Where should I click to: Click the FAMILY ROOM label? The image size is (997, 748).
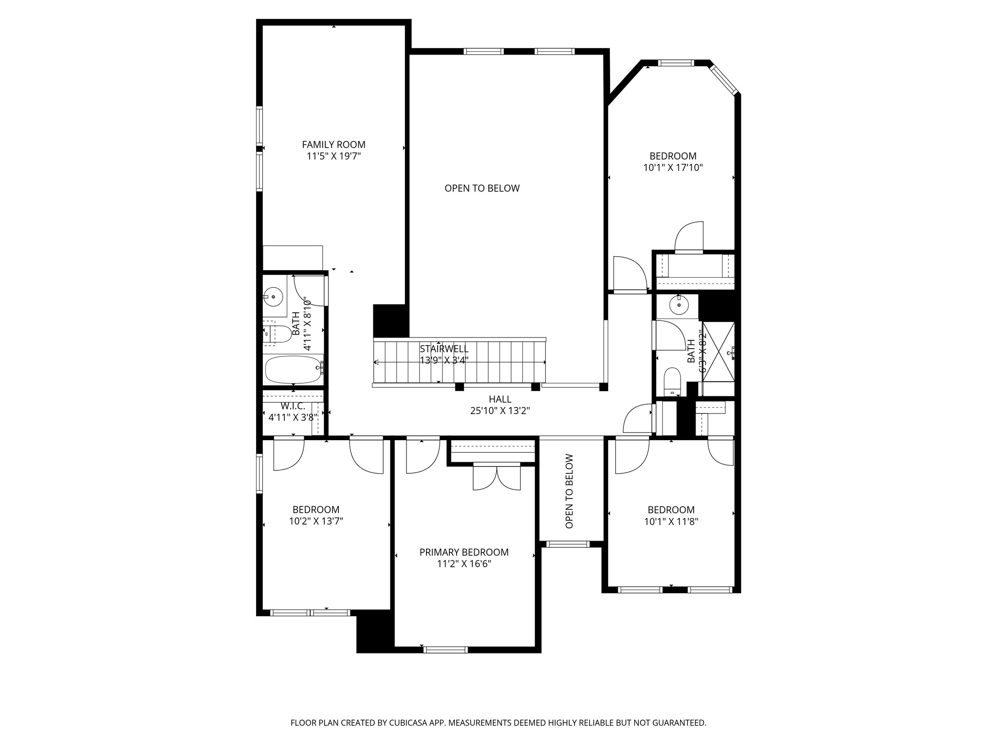[333, 145]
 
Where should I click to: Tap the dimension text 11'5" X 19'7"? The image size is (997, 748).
[333, 156]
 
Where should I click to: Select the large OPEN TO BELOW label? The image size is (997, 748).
[482, 188]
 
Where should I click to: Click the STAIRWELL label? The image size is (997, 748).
[444, 349]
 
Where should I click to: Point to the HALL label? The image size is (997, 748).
[500, 399]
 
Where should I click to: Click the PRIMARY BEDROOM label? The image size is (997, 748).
[464, 552]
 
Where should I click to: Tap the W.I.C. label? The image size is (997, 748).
[293, 406]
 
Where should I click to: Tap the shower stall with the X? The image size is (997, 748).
[718, 351]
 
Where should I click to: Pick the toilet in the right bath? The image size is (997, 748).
[672, 381]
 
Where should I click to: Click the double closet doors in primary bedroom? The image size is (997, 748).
[497, 478]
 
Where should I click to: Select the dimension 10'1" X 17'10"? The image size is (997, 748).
[673, 168]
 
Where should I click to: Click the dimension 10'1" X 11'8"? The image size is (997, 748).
[671, 522]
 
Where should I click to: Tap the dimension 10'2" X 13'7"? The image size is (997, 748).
[316, 521]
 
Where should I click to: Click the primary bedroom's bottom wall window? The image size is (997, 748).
[446, 649]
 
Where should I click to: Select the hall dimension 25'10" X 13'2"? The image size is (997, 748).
[500, 411]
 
